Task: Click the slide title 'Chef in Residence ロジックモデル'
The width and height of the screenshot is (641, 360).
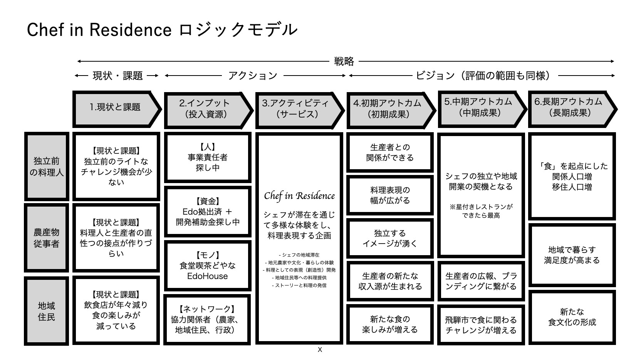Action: [x=162, y=30]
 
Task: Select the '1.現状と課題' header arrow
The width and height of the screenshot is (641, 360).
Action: [x=116, y=108]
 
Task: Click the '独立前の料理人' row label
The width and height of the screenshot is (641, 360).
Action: [x=47, y=167]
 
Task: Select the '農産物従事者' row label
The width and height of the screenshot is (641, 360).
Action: [x=47, y=238]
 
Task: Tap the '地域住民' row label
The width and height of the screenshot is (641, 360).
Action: [x=47, y=311]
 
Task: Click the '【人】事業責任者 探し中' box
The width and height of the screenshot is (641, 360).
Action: [x=208, y=157]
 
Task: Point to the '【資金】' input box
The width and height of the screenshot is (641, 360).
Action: [x=208, y=212]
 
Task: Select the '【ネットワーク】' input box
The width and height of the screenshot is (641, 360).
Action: [x=208, y=319]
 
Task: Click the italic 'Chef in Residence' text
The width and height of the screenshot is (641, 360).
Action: [x=299, y=196]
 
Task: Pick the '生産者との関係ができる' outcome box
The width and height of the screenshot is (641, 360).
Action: [x=390, y=152]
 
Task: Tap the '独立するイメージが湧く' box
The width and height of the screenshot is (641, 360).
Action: [x=390, y=238]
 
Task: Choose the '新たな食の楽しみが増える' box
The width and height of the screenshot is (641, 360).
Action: [x=390, y=324]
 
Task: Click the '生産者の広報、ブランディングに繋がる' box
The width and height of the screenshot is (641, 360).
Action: [x=481, y=281]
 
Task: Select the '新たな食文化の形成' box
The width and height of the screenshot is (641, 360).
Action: [x=572, y=317]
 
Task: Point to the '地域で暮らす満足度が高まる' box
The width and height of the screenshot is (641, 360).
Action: [x=572, y=255]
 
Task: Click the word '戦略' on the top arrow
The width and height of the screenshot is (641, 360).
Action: [x=344, y=61]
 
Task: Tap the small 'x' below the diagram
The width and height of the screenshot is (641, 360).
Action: [x=320, y=350]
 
